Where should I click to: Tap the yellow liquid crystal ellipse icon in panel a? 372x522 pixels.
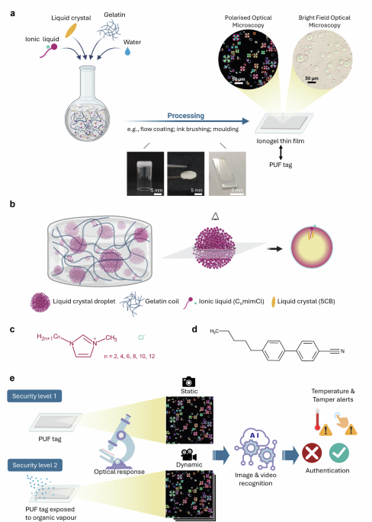(72, 30)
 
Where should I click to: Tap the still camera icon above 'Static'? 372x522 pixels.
(188, 379)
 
